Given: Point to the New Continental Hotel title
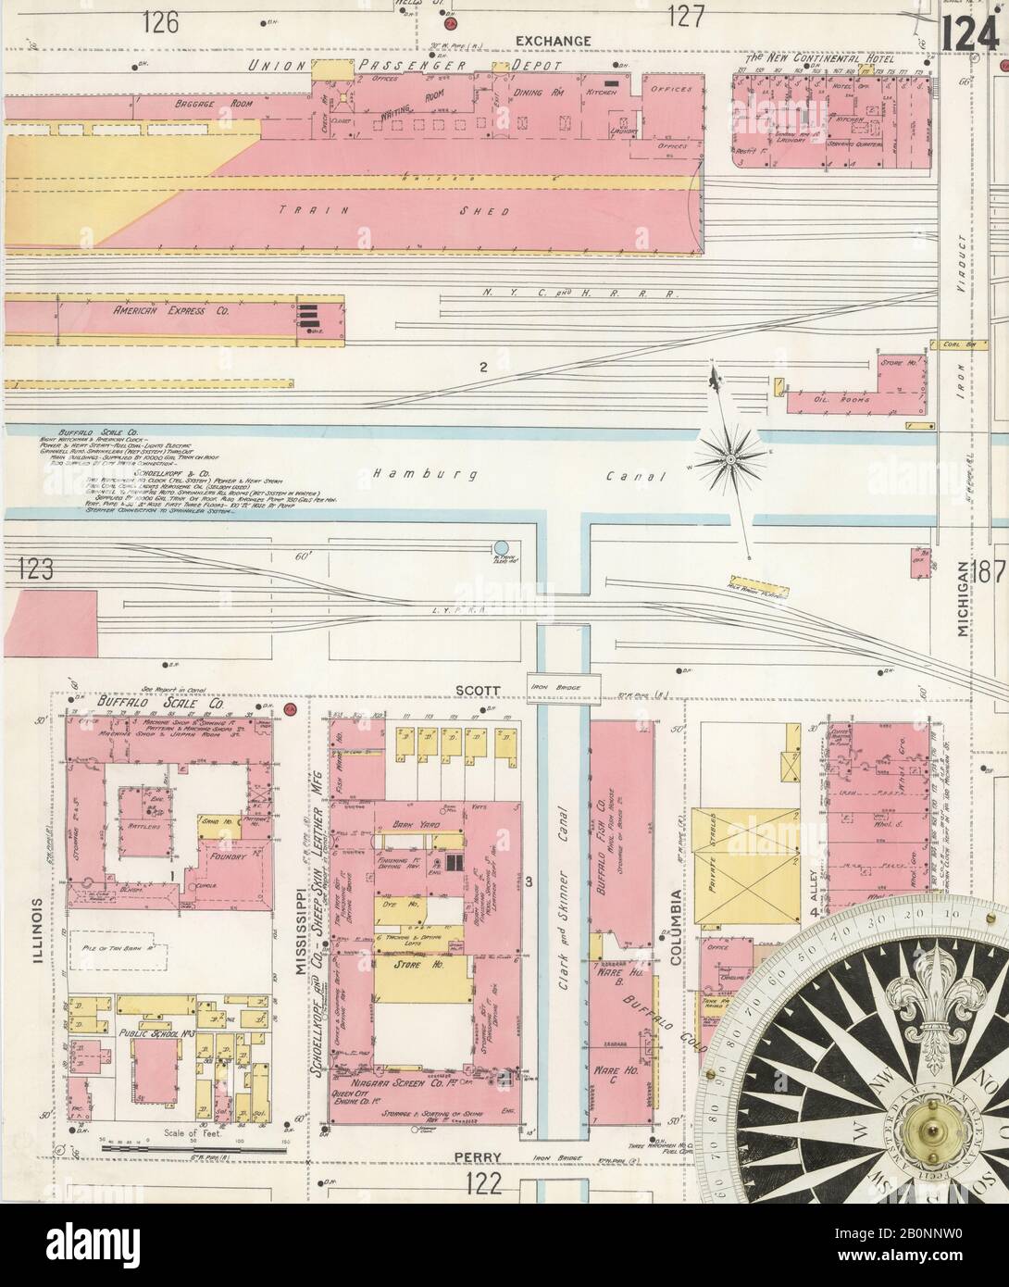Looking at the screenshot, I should tap(820, 60).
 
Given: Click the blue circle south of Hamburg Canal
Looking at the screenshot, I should tap(502, 547).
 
